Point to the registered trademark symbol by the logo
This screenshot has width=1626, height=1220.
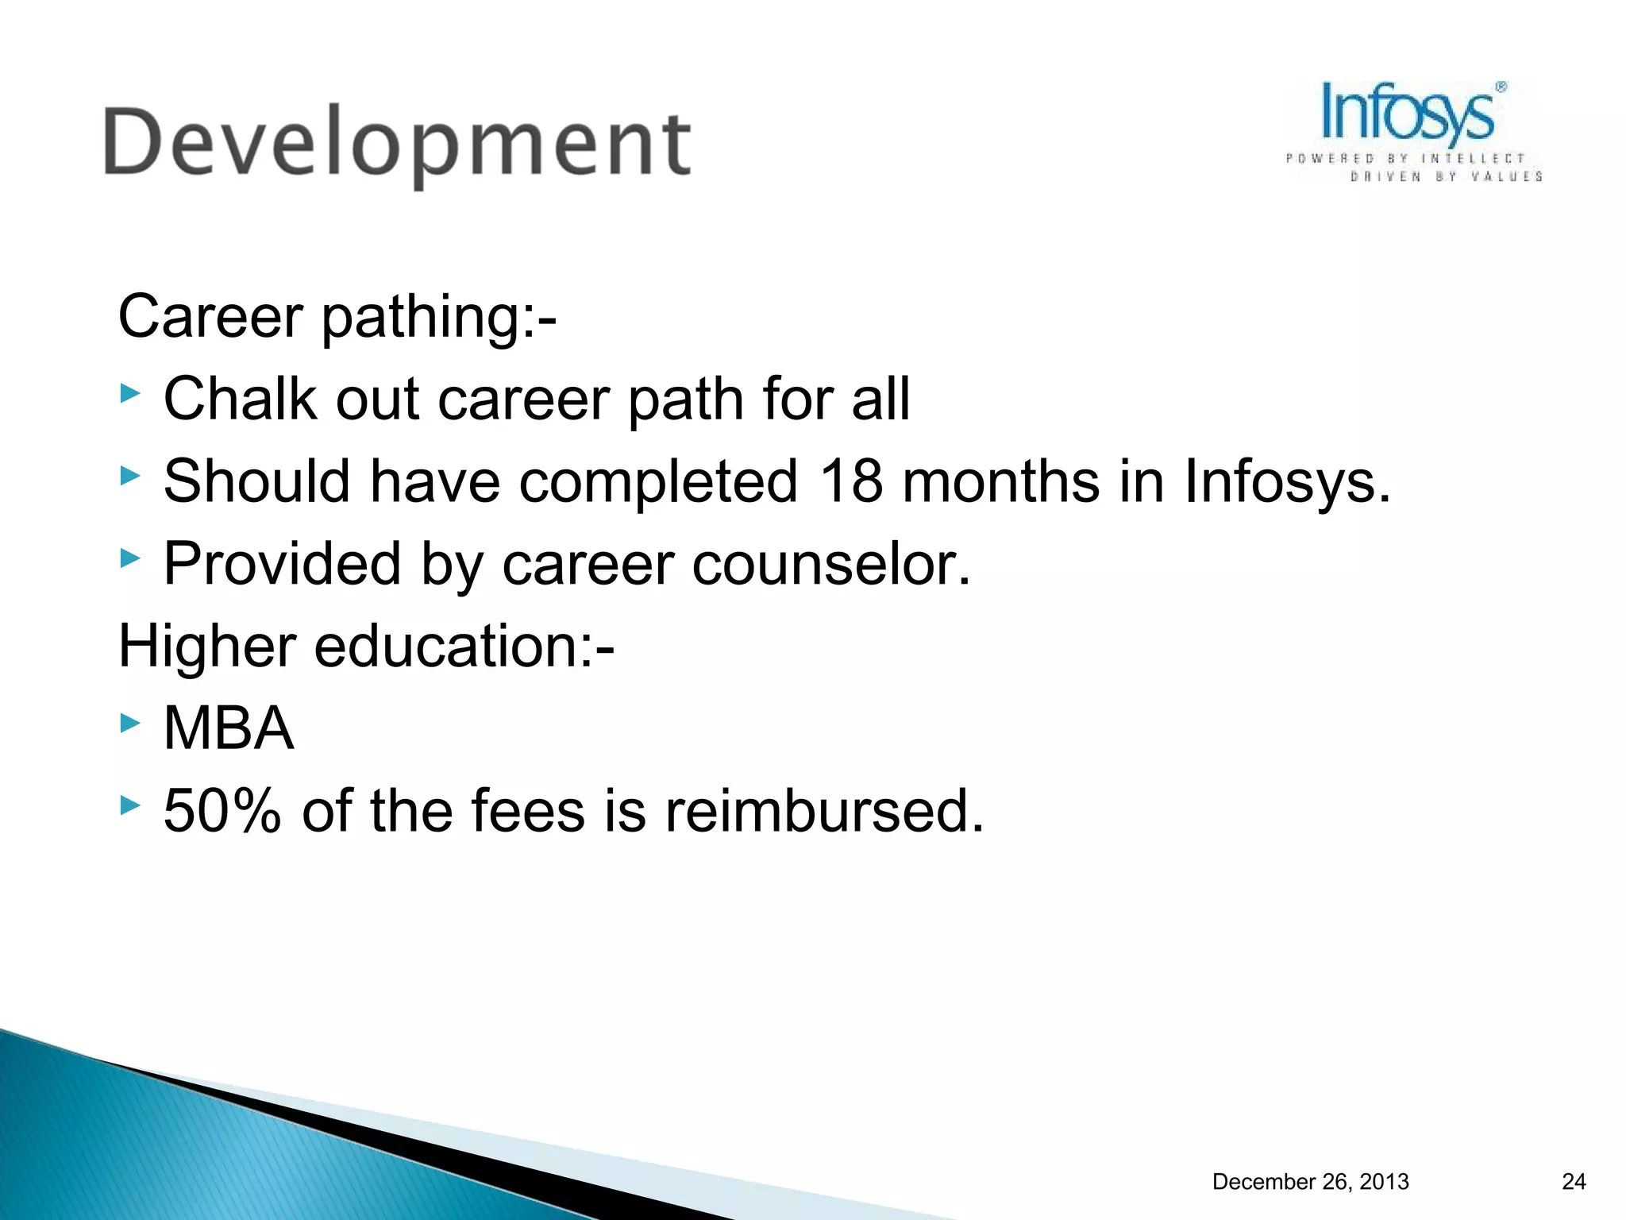coord(1501,87)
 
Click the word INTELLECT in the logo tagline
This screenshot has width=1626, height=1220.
coord(1473,159)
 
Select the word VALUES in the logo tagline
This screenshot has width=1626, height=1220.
coord(1506,176)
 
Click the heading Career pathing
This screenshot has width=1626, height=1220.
coord(337,316)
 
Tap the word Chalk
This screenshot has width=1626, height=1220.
coord(239,399)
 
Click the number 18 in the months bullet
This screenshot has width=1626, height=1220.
coord(850,481)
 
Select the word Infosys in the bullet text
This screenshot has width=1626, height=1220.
coord(1287,481)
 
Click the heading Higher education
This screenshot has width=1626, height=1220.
coord(366,646)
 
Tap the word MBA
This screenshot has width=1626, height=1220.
coord(229,728)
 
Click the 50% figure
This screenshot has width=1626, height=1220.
coord(222,811)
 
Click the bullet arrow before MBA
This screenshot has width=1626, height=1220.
coord(130,723)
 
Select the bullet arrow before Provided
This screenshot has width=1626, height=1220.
coord(130,558)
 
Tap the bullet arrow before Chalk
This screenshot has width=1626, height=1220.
coord(130,393)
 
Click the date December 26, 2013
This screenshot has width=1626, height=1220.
coord(1310,1182)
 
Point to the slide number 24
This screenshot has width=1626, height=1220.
coord(1574,1182)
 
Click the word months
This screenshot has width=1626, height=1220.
coord(1000,481)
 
